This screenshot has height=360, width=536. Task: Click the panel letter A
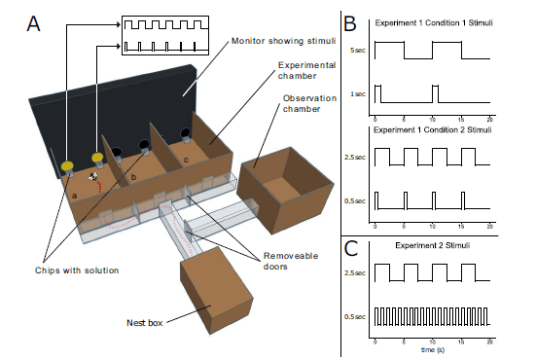[x=33, y=23]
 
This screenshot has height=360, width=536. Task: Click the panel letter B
[x=350, y=23]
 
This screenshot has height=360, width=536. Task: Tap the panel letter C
[x=351, y=248]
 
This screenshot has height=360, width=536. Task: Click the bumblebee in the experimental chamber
[x=93, y=176]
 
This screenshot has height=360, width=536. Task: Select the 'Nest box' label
[x=144, y=323]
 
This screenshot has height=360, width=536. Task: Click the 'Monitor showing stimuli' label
[x=283, y=41]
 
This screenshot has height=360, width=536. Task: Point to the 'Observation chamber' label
[x=309, y=103]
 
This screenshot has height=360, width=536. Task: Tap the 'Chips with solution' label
[x=77, y=270]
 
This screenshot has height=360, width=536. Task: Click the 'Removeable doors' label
[x=291, y=261]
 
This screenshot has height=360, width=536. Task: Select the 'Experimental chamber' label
[x=306, y=70]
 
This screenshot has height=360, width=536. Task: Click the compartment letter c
[x=187, y=160]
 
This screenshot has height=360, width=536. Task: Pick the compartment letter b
[x=133, y=177]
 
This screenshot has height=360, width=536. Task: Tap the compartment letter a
[x=74, y=196]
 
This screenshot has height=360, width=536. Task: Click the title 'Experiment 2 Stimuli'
[x=433, y=245]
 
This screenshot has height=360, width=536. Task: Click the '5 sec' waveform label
[x=358, y=51]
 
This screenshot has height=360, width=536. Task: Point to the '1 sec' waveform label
[x=358, y=94]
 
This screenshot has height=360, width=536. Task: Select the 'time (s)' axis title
[x=433, y=349]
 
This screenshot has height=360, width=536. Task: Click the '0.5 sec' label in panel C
[x=355, y=317]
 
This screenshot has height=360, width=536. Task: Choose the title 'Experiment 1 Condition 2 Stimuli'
[x=433, y=130]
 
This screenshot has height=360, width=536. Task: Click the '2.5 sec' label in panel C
[x=355, y=273]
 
